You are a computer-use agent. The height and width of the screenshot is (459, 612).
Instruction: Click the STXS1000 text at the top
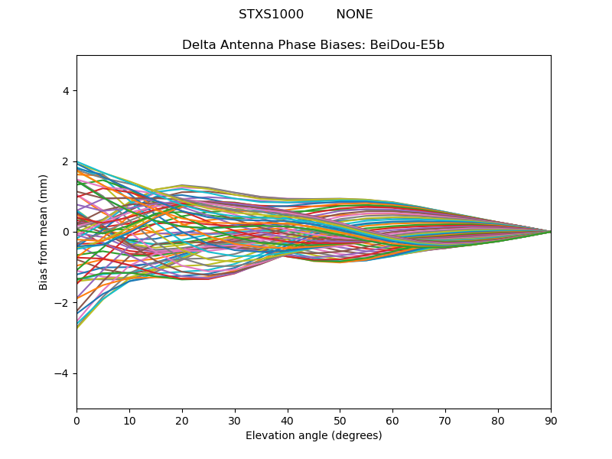(271, 15)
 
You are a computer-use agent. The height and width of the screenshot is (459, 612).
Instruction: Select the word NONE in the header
(354, 15)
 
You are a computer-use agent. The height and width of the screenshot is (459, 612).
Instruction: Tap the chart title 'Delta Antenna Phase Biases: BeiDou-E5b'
(313, 45)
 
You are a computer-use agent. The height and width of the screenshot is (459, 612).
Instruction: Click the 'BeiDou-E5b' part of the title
(407, 45)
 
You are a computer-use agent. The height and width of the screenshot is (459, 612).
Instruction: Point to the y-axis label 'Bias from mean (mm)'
(43, 233)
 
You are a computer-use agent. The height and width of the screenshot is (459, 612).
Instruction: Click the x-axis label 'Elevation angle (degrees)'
(314, 435)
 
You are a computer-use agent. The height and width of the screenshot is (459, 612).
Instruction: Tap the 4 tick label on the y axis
(66, 91)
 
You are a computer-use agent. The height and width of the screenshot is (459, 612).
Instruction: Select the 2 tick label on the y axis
(66, 161)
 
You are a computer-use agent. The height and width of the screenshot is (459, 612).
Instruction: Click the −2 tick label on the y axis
(62, 303)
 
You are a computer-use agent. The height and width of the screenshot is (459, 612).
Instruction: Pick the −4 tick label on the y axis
(62, 373)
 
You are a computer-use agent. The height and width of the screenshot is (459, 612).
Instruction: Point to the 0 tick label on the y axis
(66, 233)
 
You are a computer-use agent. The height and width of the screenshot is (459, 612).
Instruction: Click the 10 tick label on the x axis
(129, 422)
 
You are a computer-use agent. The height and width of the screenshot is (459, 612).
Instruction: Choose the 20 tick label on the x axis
(182, 422)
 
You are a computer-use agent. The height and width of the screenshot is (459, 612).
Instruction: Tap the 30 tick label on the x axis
(235, 422)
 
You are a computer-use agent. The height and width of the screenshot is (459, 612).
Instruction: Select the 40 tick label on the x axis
(288, 422)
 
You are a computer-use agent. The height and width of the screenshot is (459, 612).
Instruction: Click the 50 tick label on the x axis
(340, 422)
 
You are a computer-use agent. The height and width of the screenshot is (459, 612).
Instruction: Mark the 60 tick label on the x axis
(393, 422)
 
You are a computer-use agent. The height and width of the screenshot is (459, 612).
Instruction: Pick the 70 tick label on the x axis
(446, 422)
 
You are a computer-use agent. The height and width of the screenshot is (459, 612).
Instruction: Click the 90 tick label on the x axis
(551, 422)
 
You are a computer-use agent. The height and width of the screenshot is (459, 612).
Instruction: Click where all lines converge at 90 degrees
(551, 232)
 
